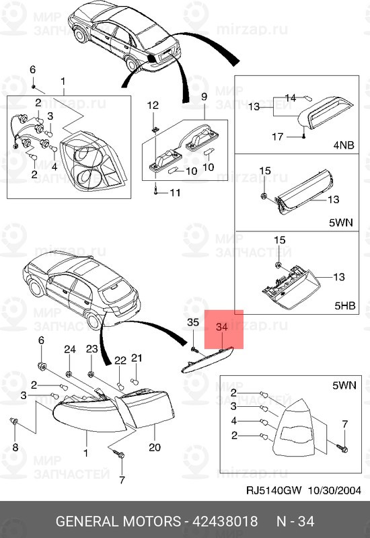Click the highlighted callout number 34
coord(222,327)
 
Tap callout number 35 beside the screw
coord(193,322)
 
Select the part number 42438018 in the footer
coord(225,521)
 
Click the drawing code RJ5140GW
coord(274,490)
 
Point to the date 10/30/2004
coord(334,490)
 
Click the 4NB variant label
coord(344,145)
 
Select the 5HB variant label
coord(345,305)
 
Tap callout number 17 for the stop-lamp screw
coord(277,137)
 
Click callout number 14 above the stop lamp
coord(291,98)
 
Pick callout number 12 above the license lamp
coord(153,106)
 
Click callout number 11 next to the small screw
coord(175,193)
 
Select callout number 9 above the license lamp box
coord(205,96)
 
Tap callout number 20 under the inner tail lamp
coord(155,447)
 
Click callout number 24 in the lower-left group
coord(70,349)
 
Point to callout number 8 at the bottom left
coord(15,447)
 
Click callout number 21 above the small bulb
coord(137,358)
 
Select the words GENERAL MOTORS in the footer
coord(118,521)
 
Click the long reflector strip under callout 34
coord(207,360)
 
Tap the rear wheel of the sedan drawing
coord(131,64)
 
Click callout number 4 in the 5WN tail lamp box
coord(234,421)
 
